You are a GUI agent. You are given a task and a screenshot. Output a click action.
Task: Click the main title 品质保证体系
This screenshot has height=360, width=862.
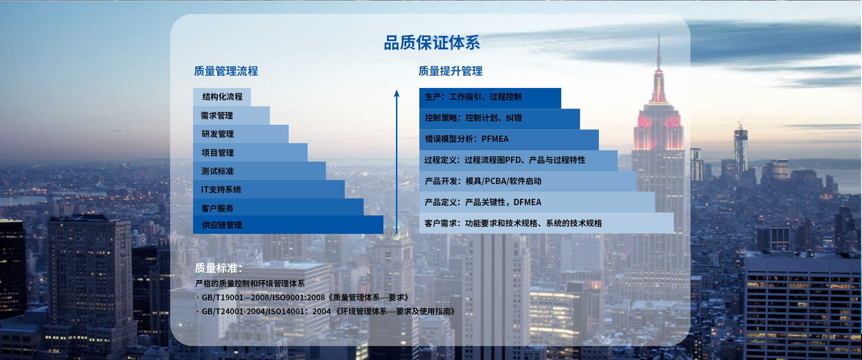[432, 43]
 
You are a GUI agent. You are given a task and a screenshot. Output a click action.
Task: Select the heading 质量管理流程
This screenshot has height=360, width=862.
[226, 71]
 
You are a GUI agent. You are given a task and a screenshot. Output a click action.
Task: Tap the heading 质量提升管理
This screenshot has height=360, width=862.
[450, 71]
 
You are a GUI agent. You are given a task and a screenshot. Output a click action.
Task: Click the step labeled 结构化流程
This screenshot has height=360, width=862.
[222, 97]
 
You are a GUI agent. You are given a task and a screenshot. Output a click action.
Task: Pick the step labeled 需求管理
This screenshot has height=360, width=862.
[217, 115]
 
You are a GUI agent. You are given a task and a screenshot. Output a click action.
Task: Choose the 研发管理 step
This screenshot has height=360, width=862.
[218, 134]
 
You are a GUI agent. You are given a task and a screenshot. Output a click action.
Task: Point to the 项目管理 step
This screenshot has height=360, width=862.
[218, 153]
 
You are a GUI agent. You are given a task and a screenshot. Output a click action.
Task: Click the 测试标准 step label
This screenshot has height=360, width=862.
[217, 171]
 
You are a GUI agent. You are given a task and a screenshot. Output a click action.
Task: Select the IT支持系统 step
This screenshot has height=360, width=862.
[221, 189]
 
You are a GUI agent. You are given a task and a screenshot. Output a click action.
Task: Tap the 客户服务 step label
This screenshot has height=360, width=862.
[217, 208]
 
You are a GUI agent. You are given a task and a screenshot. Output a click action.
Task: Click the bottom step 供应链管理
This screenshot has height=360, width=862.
[222, 225]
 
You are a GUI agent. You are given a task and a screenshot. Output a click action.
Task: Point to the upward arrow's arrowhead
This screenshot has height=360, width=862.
[396, 93]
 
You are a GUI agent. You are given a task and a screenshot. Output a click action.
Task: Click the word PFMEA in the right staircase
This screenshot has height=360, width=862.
[495, 139]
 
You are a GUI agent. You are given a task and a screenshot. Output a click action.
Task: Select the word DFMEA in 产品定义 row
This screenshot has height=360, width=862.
[528, 202]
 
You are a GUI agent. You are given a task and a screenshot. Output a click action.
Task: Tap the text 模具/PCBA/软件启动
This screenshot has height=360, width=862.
[503, 181]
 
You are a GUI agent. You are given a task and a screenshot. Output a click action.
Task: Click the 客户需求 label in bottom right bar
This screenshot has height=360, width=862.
[440, 223]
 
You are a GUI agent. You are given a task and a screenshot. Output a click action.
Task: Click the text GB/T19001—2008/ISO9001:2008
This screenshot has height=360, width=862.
[263, 297]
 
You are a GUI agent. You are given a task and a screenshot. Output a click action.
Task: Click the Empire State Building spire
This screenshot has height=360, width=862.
[659, 49]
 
